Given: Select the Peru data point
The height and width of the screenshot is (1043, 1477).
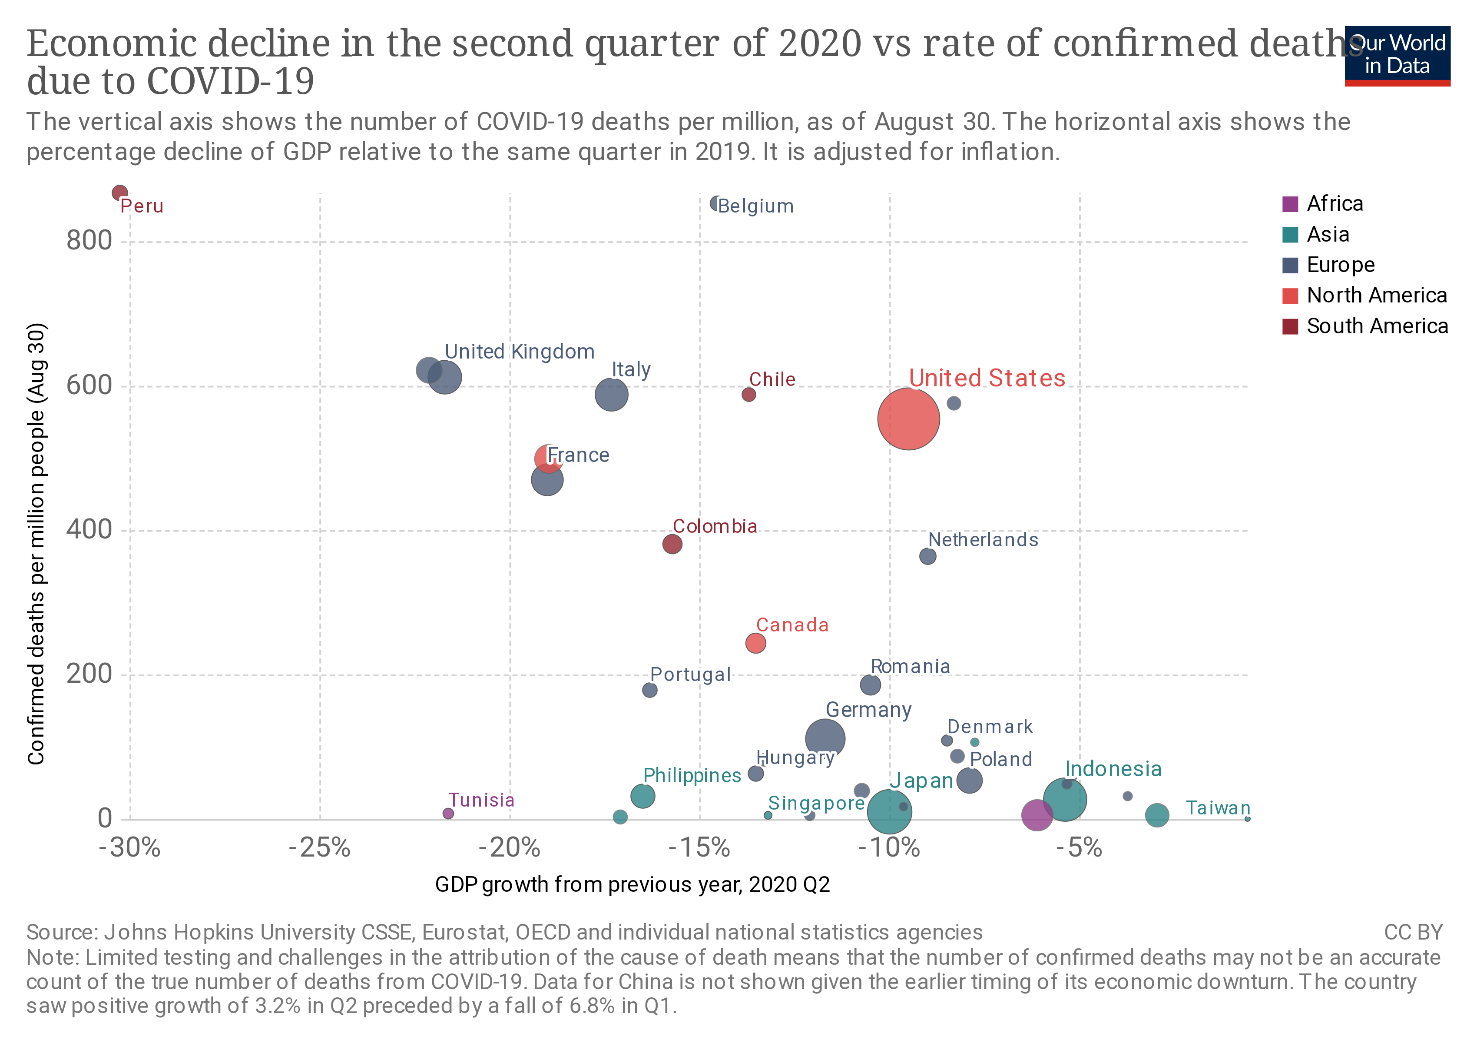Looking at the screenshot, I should tap(119, 193).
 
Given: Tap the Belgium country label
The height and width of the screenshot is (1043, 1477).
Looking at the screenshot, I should tap(755, 206).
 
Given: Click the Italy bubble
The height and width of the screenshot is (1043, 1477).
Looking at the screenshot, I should tap(611, 395).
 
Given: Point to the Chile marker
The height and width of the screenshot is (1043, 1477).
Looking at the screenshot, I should tap(748, 395).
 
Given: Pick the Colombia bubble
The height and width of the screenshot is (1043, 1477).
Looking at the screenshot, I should tap(672, 544).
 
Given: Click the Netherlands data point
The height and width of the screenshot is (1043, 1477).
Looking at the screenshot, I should tap(927, 556).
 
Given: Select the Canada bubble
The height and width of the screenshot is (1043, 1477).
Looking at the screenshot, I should tap(755, 643).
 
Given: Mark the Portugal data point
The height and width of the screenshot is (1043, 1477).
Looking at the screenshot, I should tap(650, 690).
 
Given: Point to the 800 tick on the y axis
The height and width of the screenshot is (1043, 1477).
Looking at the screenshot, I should tap(89, 241).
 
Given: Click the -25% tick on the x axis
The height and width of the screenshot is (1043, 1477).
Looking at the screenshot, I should tap(320, 848).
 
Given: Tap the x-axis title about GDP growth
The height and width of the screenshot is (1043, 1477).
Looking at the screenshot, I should tap(633, 885).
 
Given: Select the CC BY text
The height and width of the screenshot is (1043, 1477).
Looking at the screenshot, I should tap(1413, 932).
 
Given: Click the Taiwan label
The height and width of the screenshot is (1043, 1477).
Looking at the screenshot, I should tap(1217, 808).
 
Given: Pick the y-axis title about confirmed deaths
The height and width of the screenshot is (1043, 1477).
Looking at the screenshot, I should tap(36, 544).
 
